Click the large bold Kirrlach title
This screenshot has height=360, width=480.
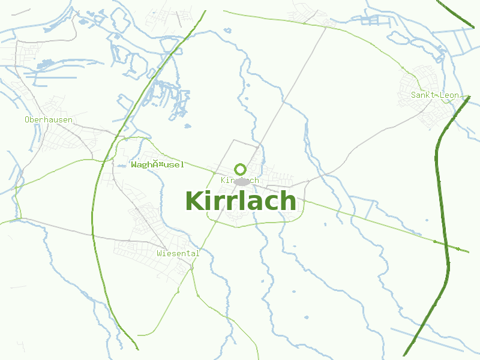pyautogui.click(x=241, y=201)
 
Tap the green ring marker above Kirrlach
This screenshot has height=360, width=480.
pyautogui.click(x=241, y=169)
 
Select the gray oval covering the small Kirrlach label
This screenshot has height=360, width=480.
pyautogui.click(x=242, y=181)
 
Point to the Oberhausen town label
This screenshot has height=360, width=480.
pyautogui.click(x=49, y=119)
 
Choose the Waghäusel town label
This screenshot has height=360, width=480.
pyautogui.click(x=157, y=164)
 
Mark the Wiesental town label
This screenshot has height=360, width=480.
pyautogui.click(x=178, y=253)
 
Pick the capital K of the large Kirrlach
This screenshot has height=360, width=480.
pyautogui.click(x=194, y=201)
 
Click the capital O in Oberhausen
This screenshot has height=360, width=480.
pyautogui.click(x=27, y=119)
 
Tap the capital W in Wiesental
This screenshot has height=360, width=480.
pyautogui.click(x=160, y=253)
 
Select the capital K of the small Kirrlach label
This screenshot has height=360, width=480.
pyautogui.click(x=223, y=180)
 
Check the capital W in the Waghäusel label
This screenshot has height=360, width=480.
pyautogui.click(x=134, y=164)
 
